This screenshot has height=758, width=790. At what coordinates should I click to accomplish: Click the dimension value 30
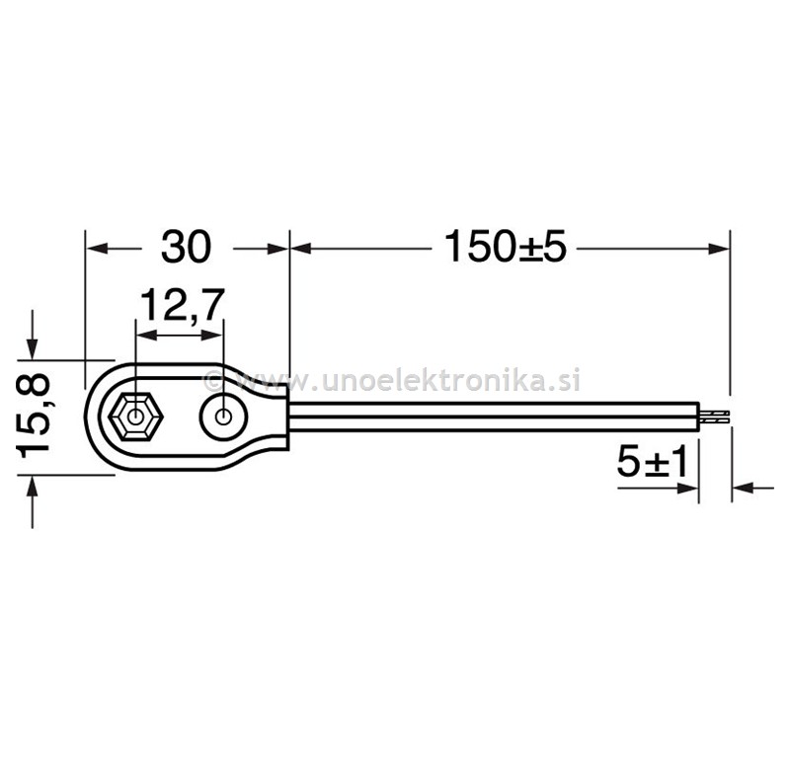[x=186, y=247]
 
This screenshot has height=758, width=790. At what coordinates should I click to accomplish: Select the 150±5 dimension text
[x=506, y=247]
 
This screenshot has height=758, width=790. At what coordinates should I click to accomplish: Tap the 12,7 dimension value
[x=182, y=305]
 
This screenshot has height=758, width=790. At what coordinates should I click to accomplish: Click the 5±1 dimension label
[x=652, y=462]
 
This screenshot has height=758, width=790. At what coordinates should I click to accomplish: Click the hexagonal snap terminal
[x=135, y=417]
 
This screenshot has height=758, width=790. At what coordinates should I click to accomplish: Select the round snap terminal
[x=223, y=417]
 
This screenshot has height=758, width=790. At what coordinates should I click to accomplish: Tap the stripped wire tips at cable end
[x=714, y=417]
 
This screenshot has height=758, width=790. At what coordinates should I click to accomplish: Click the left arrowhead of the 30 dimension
[x=98, y=249]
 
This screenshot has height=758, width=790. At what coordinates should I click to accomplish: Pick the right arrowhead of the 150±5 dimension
[x=719, y=249]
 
